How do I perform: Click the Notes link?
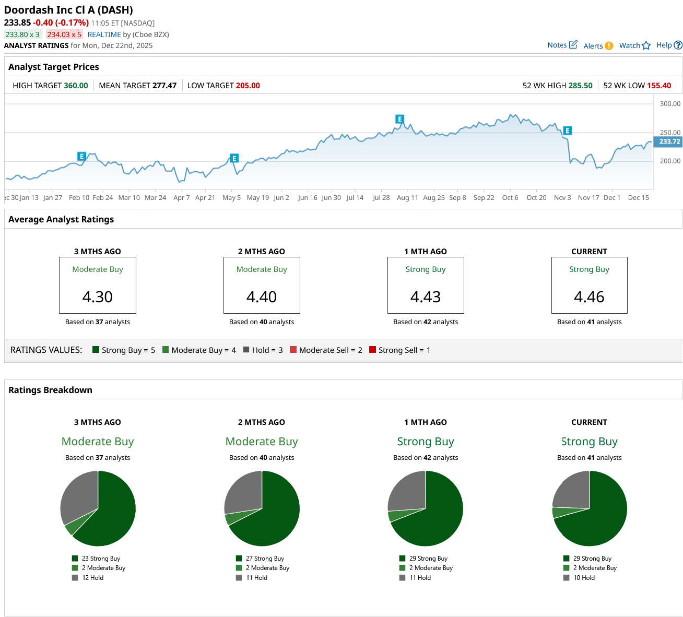point(562,45)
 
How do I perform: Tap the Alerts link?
point(598,46)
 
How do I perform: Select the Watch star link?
point(634,45)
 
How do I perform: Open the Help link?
point(669,45)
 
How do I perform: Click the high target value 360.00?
point(76,86)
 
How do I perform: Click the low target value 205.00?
point(248,86)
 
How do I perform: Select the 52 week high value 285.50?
point(580,86)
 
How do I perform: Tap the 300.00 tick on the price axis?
point(670,104)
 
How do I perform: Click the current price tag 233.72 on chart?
point(669,141)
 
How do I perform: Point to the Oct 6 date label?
point(510,198)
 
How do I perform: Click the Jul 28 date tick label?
point(381,198)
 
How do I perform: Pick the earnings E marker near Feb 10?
point(81,156)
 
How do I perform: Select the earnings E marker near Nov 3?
point(567,131)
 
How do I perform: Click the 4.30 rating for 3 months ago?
point(98,296)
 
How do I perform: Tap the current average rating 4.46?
point(589,296)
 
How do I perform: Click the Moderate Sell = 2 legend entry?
point(326,350)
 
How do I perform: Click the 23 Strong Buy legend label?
point(101,559)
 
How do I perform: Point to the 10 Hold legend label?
point(584,578)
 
